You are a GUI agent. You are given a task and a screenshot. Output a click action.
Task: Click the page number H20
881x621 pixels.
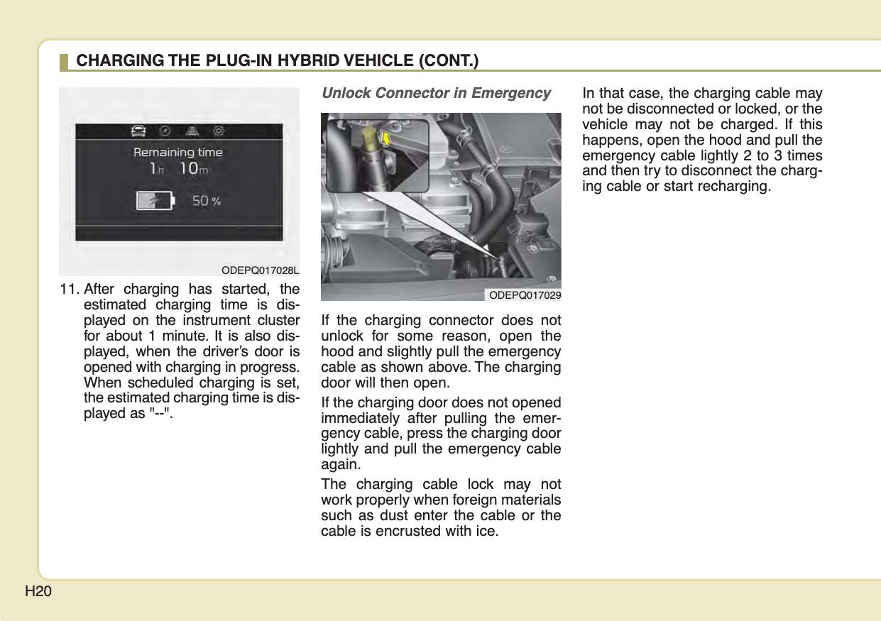click(x=38, y=591)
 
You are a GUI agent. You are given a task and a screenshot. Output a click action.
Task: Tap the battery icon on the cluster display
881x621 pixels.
click(x=155, y=201)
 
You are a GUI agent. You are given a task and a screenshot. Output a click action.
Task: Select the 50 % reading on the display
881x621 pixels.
click(x=207, y=201)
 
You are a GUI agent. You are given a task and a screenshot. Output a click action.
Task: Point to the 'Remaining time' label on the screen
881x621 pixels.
click(x=178, y=152)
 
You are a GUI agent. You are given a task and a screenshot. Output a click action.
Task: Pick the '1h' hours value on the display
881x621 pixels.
click(x=156, y=169)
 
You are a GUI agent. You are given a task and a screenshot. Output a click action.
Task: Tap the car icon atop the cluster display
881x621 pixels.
click(x=138, y=131)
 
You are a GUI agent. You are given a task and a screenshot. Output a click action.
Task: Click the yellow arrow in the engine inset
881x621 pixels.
click(x=387, y=137)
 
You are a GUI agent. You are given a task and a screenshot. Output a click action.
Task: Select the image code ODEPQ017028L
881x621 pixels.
click(x=260, y=270)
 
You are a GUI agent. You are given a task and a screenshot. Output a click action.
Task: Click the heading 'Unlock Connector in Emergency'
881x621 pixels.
click(x=436, y=94)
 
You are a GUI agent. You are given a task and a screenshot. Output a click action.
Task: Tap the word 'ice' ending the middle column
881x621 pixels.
click(x=487, y=532)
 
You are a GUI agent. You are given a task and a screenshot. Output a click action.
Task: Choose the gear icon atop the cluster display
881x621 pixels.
click(x=220, y=131)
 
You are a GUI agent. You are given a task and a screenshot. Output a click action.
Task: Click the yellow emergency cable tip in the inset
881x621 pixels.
click(x=369, y=134)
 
